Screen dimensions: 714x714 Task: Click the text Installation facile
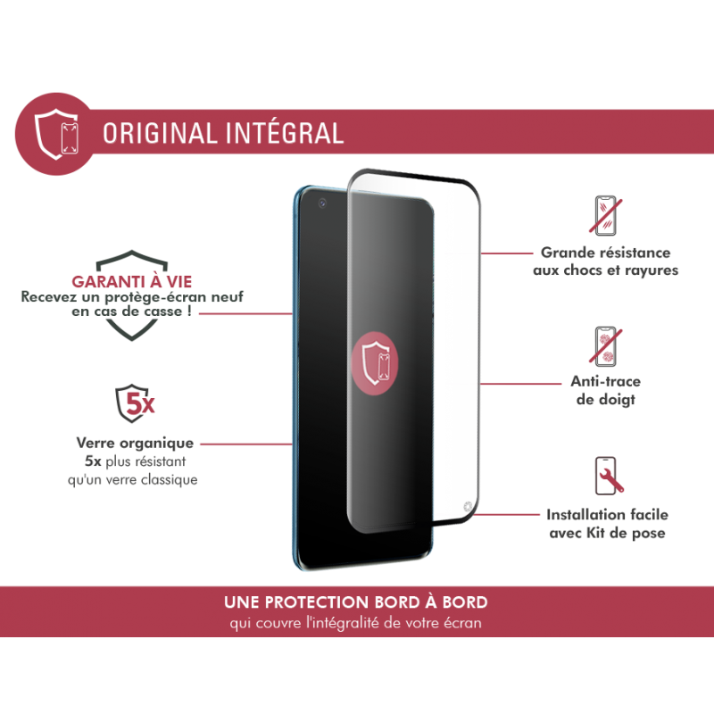[x=607, y=515]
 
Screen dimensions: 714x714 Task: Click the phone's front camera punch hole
[x=321, y=203]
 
